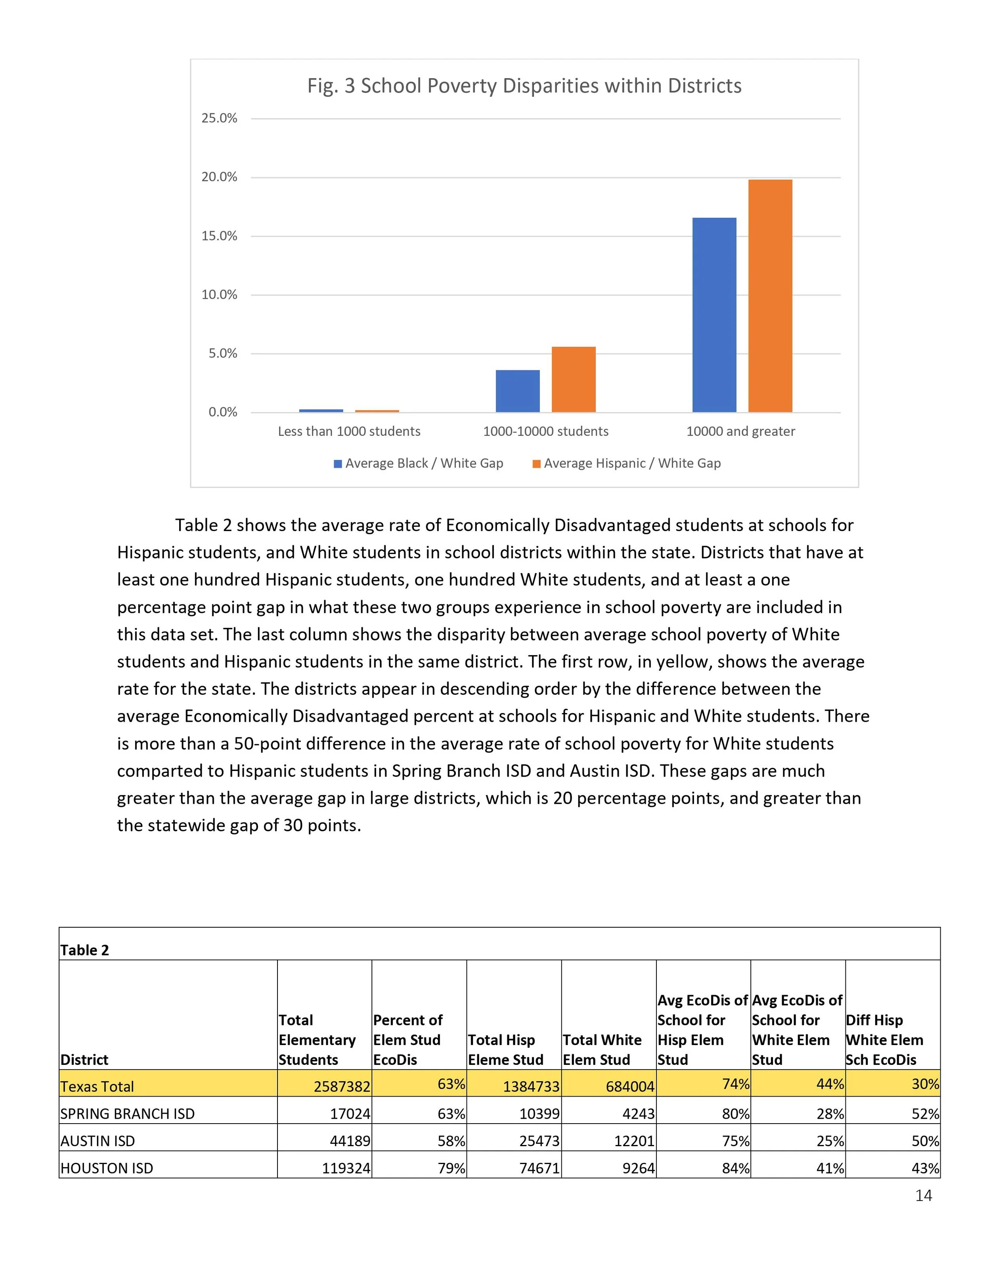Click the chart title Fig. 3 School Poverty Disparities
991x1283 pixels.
[x=524, y=86]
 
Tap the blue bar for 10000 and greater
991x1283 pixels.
[x=714, y=315]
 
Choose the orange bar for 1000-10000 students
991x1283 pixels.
[x=574, y=380]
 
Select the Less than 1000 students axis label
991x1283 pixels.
[x=349, y=431]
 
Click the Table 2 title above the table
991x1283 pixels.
[x=85, y=950]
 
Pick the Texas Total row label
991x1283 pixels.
[x=98, y=1086]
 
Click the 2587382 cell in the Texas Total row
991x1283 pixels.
[x=342, y=1087]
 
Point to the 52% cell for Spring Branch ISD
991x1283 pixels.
[x=925, y=1114]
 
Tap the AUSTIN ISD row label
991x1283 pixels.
[x=98, y=1141]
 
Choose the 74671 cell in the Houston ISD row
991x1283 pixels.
[x=539, y=1168]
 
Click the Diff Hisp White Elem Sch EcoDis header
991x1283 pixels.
[x=884, y=1040]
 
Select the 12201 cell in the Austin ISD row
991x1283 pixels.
[x=634, y=1141]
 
